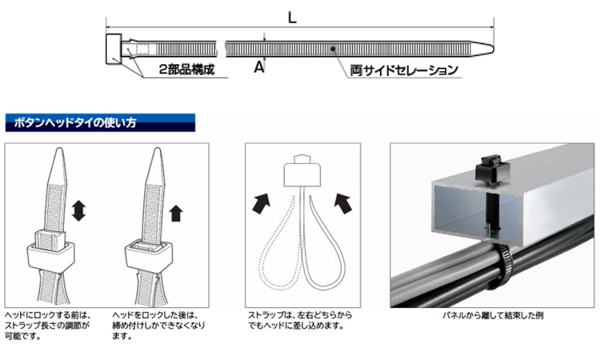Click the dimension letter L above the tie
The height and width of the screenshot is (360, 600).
pyautogui.click(x=292, y=18)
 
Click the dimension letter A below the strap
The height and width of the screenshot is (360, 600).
pyautogui.click(x=259, y=67)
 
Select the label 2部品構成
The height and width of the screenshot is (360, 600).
pyautogui.click(x=186, y=70)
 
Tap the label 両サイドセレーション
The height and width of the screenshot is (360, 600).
pyautogui.click(x=404, y=70)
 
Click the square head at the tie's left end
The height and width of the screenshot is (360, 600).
pyautogui.click(x=114, y=49)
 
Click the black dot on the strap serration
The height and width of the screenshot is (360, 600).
pyautogui.click(x=334, y=49)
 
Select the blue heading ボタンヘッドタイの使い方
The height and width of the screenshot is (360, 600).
pyautogui.click(x=75, y=123)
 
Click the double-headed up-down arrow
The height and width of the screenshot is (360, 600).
pyautogui.click(x=78, y=210)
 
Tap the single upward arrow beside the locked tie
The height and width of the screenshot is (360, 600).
pyautogui.click(x=176, y=213)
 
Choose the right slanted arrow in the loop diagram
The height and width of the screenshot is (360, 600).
pyautogui.click(x=343, y=203)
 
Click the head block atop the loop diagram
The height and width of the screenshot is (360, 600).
pyautogui.click(x=302, y=171)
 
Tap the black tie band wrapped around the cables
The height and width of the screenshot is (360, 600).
pyautogui.click(x=504, y=268)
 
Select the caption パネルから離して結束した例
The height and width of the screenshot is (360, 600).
pyautogui.click(x=493, y=316)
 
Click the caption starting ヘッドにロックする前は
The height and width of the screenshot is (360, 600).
pyautogui.click(x=48, y=326)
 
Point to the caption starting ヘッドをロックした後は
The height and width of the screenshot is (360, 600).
pyautogui.click(x=158, y=326)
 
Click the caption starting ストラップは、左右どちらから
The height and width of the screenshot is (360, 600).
pyautogui.click(x=300, y=321)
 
